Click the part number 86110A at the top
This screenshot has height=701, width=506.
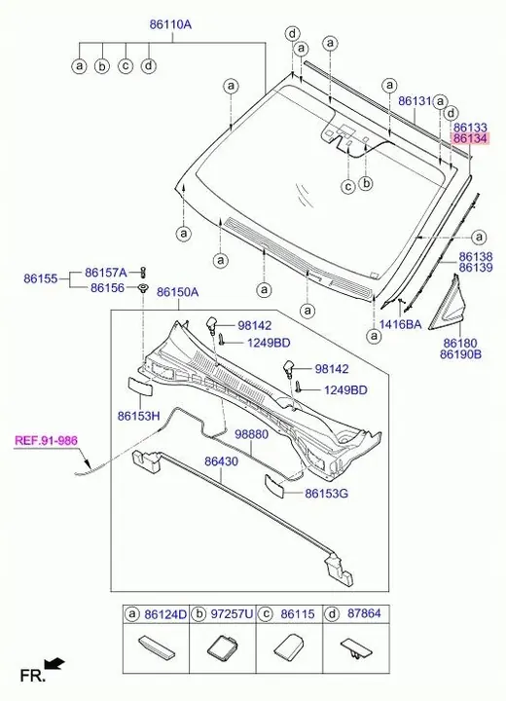click(170, 24)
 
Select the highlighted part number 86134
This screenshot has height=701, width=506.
click(470, 138)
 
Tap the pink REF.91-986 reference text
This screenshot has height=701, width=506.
click(46, 440)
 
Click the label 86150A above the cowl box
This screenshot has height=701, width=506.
click(177, 292)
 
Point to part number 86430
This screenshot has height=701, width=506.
click(222, 461)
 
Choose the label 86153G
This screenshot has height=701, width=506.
click(326, 494)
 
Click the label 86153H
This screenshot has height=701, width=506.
click(138, 416)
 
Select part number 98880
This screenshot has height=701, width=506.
click(252, 434)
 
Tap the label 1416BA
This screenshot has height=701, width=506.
click(401, 324)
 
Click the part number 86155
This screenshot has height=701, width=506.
click(41, 278)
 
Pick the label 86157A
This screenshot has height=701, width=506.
click(106, 273)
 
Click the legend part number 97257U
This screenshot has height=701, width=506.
click(232, 613)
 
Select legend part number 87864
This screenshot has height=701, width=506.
click(364, 613)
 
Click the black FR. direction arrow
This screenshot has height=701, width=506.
click(55, 663)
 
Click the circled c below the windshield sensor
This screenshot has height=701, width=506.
click(348, 186)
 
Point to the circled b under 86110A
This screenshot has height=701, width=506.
click(102, 66)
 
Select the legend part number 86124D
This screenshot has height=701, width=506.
click(165, 613)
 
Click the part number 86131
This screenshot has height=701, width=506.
click(416, 101)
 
